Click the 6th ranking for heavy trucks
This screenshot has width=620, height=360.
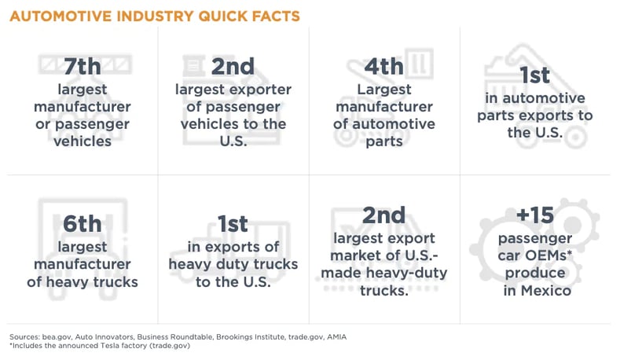(82, 224)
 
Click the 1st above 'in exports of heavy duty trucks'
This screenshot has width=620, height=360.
(233, 224)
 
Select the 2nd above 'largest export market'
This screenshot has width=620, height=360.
(383, 215)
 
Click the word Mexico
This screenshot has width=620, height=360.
(534, 291)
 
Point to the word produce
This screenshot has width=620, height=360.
(535, 273)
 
